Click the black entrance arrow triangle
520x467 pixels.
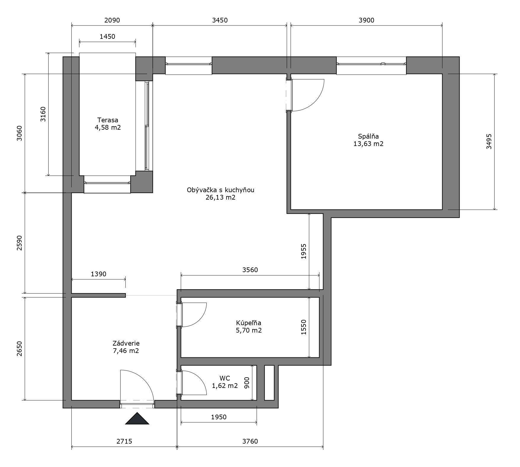tap(137, 419)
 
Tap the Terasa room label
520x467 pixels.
tap(108, 120)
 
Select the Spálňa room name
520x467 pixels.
tap(368, 136)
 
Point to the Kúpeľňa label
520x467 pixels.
tap(249, 323)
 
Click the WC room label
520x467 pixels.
tap(225, 378)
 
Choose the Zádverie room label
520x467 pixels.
tap(126, 343)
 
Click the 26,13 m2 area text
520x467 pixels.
tap(221, 197)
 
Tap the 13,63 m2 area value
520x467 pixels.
tap(368, 144)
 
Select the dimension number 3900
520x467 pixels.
tap(367, 20)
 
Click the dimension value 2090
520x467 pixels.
tap(112, 20)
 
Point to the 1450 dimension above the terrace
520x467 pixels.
tap(107, 36)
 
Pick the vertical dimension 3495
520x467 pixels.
tap(489, 142)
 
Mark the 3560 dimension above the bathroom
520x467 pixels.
tap(250, 270)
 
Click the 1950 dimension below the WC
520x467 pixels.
tap(219, 417)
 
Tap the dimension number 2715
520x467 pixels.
tap(124, 441)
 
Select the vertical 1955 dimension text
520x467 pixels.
tap(304, 251)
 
